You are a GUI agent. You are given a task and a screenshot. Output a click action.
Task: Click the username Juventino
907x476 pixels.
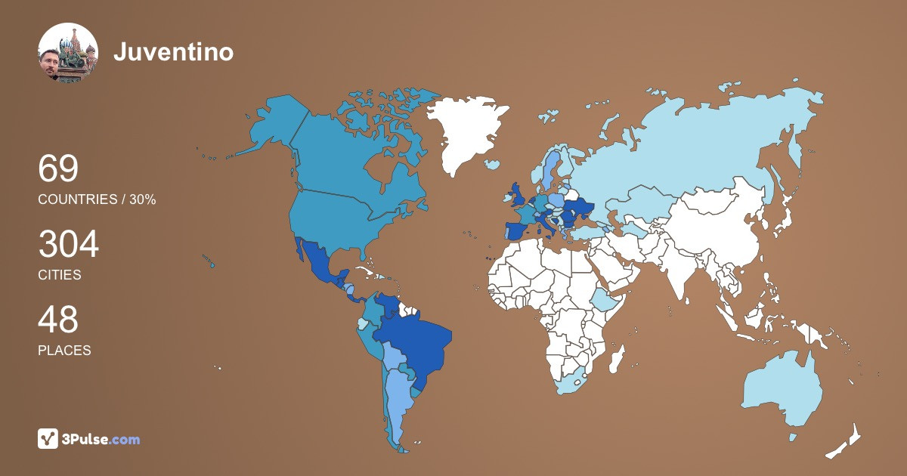(173, 51)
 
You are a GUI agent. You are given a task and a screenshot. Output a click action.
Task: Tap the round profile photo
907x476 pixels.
(68, 53)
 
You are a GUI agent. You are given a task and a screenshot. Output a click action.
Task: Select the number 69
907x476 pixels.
(58, 168)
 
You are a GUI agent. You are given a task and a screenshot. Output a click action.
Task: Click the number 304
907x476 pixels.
(68, 245)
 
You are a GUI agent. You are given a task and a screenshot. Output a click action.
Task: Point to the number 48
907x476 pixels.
(58, 320)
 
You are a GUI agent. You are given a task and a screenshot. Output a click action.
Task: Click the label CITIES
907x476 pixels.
(59, 275)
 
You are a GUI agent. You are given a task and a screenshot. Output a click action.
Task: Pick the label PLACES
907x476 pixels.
(64, 351)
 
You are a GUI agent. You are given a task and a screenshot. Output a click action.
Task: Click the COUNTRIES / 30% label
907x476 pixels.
(97, 199)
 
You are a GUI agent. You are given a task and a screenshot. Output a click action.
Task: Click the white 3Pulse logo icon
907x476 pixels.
(48, 438)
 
